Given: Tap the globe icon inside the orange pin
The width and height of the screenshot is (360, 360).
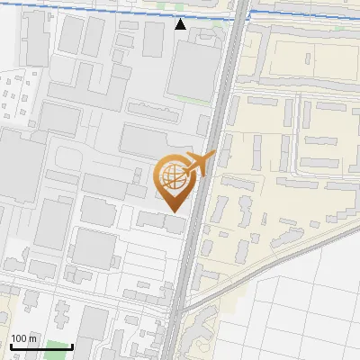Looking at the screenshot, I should point(172,176).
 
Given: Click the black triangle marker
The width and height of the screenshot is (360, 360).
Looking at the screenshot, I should point(181,24).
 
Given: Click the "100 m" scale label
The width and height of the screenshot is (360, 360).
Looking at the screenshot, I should point(24,338).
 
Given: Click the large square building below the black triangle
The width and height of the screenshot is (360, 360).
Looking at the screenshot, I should point(191,70).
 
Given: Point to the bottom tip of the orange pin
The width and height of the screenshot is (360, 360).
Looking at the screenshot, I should point(172,211).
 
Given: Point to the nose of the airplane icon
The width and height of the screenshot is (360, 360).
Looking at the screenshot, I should point(213,156).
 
